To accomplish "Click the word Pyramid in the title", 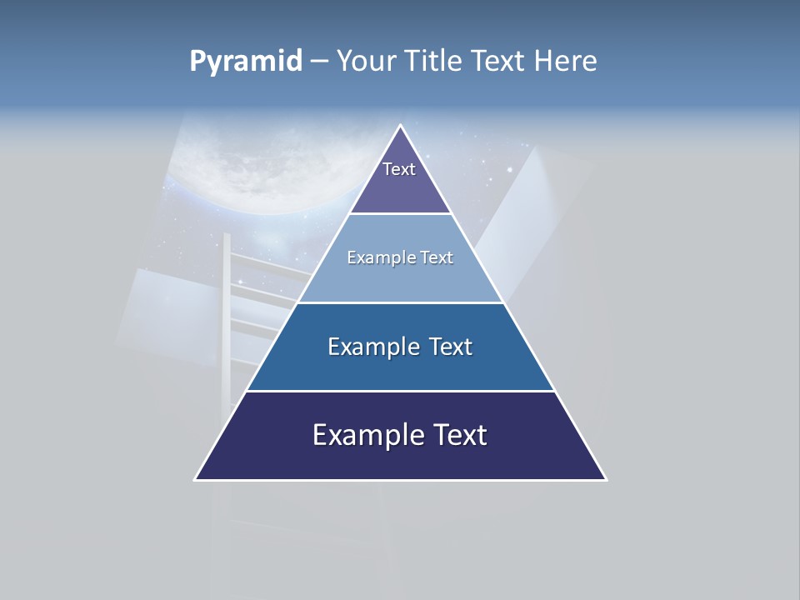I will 246,62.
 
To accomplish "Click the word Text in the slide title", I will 499,62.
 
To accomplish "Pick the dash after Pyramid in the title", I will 318,62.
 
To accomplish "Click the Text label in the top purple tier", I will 399,169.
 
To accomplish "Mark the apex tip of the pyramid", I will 401,126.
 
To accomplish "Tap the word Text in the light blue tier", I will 437,257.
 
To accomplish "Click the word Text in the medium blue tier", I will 451,347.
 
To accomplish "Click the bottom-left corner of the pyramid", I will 196,479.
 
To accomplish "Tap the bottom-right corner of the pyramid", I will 606,479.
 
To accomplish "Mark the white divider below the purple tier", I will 401,214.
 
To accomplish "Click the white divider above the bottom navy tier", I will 401,391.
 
